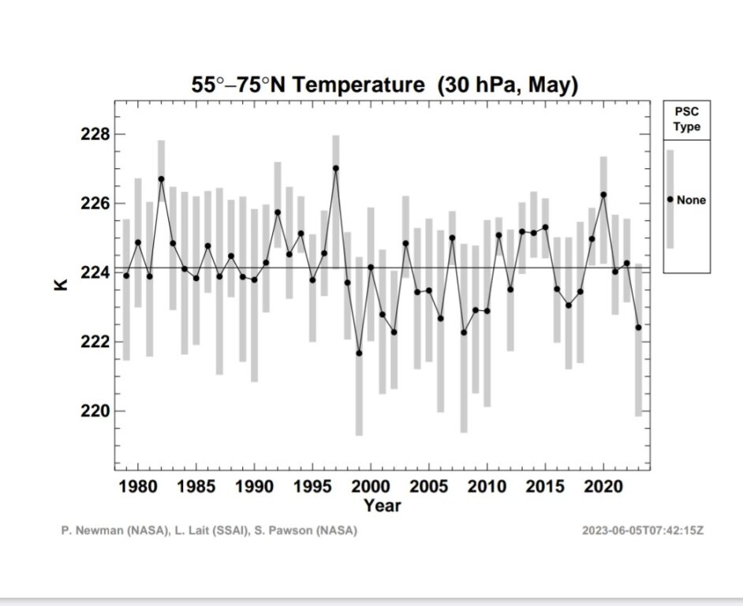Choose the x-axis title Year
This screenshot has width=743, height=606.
pyautogui.click(x=382, y=505)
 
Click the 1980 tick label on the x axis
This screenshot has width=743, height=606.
pyautogui.click(x=138, y=486)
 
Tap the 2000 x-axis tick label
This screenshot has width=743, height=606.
pyautogui.click(x=371, y=486)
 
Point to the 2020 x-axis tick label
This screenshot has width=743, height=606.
pyautogui.click(x=603, y=486)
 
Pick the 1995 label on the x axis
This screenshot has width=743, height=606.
pyautogui.click(x=312, y=486)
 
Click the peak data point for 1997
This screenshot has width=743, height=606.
pyautogui.click(x=336, y=168)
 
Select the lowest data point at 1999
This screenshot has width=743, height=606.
pyautogui.click(x=359, y=353)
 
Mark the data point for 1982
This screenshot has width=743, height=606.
pyautogui.click(x=161, y=179)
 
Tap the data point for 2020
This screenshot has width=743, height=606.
pyautogui.click(x=603, y=194)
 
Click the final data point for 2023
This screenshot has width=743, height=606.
pyautogui.click(x=638, y=327)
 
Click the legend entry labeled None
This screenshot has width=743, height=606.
pyautogui.click(x=690, y=200)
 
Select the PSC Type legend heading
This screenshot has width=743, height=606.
pyautogui.click(x=686, y=120)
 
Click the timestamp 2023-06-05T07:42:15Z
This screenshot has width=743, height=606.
pyautogui.click(x=642, y=531)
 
